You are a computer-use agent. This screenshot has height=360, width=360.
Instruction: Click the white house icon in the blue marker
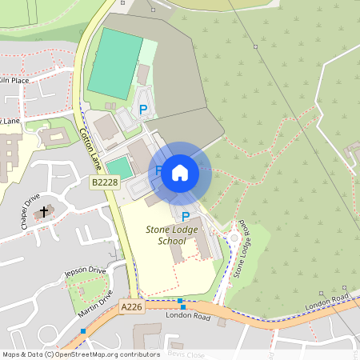coord(180,172)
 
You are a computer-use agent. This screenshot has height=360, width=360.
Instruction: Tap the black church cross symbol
coord(43,211)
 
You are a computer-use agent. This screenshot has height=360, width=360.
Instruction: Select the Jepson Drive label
coord(85,274)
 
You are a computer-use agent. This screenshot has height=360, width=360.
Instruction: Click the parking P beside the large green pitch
coord(143,110)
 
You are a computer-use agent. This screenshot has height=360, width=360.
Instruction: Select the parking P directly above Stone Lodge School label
coord(186,216)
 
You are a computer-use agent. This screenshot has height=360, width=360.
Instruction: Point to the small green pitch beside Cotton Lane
coord(119,167)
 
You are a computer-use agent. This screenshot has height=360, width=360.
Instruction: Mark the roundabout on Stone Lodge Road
coord(234,237)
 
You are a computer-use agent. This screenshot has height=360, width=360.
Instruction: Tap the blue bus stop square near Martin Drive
coord(83,330)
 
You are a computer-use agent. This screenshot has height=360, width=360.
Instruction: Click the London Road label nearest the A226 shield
coord(187,316)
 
